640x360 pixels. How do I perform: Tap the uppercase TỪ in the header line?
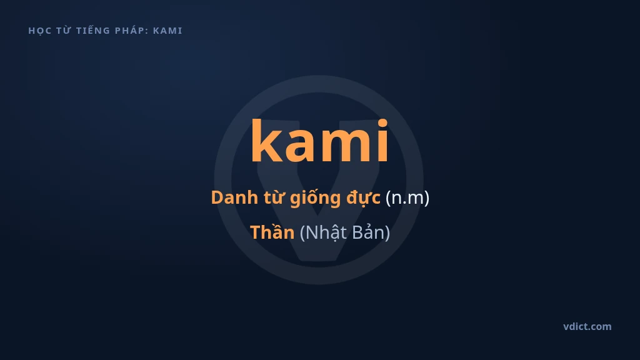[x=64, y=30]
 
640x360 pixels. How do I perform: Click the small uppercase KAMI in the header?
[x=167, y=31]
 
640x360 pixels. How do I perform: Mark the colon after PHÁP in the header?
[x=146, y=31]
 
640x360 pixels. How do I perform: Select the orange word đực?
[x=363, y=198]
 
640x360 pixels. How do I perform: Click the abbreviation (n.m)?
[x=407, y=198]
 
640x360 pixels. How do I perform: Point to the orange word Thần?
[x=272, y=232]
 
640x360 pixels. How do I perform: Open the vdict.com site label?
[x=587, y=326]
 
